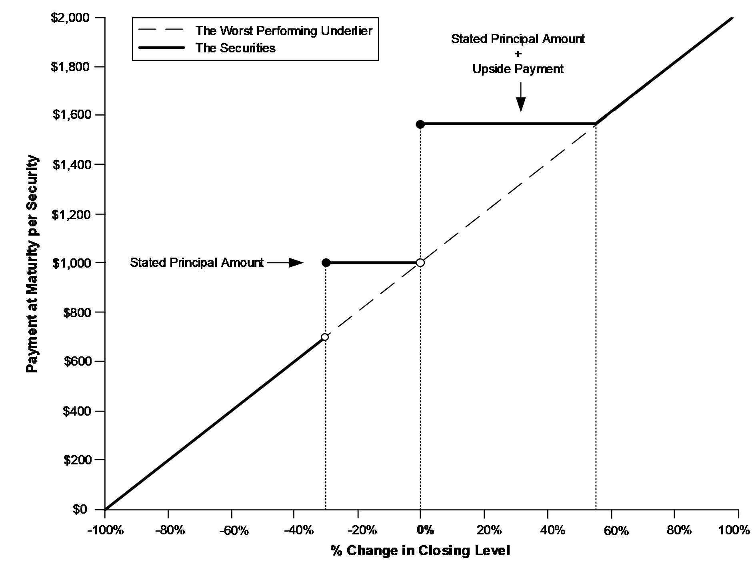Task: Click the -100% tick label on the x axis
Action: coord(104,530)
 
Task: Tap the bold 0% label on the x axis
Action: coord(425,530)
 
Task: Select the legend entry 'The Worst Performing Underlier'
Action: coord(284,31)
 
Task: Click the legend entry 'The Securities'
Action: coord(235,48)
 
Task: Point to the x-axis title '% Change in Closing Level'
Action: coord(420,551)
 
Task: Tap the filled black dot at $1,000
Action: coord(326,263)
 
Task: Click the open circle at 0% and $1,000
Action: coord(420,263)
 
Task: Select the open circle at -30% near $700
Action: coord(325,337)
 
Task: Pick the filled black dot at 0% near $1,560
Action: coord(420,124)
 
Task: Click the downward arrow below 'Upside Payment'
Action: coord(520,98)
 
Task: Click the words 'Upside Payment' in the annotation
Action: coord(518,69)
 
